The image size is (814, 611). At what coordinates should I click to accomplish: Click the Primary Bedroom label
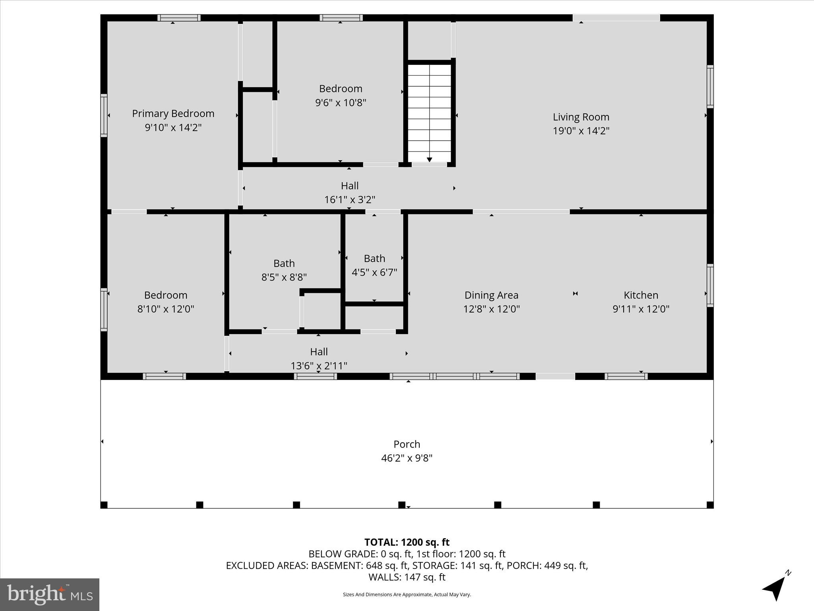tap(173, 114)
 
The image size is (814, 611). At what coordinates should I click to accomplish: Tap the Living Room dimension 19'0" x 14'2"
tap(581, 131)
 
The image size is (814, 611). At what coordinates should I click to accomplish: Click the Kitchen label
tap(641, 295)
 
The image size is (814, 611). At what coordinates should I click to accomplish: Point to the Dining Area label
tap(491, 295)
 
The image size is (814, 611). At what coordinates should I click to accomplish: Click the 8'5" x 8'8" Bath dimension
tap(284, 277)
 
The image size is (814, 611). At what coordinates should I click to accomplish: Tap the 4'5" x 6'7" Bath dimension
tap(374, 272)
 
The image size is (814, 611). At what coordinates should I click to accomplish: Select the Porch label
tap(407, 444)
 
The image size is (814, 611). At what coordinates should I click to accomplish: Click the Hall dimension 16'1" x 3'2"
tap(349, 200)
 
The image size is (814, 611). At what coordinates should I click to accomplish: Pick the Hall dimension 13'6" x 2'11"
tap(319, 366)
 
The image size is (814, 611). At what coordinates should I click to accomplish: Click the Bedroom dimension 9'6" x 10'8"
tap(340, 103)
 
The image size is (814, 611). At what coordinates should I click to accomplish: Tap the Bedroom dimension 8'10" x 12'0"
tap(165, 309)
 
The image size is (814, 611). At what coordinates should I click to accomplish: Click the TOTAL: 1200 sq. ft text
tap(407, 542)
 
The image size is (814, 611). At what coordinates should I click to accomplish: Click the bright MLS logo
tap(50, 594)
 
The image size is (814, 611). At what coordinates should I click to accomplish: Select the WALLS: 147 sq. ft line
tap(407, 577)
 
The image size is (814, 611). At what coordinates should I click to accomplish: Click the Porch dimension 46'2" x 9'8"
tap(407, 458)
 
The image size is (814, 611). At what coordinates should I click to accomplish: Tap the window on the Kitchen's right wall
tap(710, 285)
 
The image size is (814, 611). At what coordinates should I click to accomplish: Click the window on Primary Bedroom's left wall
tap(104, 115)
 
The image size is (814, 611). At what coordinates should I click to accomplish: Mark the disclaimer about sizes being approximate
tap(407, 595)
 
